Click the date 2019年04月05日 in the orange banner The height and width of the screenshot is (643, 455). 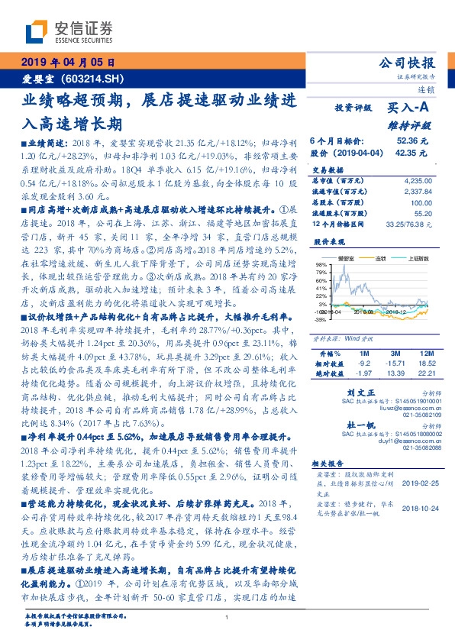pos(67,63)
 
